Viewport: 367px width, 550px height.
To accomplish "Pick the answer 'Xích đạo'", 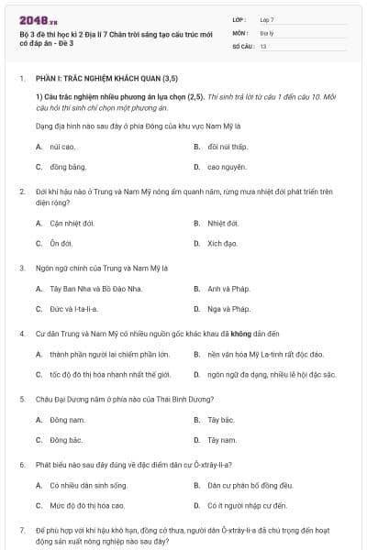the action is click(x=222, y=243).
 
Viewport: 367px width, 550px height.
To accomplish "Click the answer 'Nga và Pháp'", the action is click(x=228, y=309).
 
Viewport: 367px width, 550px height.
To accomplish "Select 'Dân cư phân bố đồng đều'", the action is click(x=250, y=485).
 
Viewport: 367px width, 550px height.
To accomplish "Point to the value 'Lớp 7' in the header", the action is click(x=267, y=18).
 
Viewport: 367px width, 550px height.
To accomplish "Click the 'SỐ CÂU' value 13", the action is click(x=263, y=45).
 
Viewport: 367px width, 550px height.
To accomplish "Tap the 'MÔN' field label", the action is click(x=240, y=32).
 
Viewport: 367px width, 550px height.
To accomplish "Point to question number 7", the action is click(x=22, y=531).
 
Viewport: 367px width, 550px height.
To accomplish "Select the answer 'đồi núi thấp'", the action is click(x=228, y=147).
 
